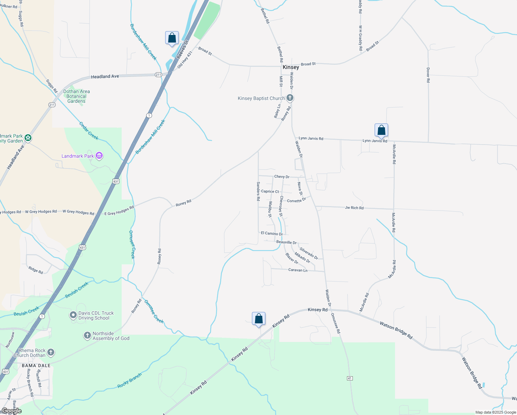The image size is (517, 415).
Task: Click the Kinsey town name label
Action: (x=291, y=67)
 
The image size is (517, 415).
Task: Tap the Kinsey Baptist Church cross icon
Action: (x=290, y=98)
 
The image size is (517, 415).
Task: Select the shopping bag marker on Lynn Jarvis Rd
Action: (x=381, y=130)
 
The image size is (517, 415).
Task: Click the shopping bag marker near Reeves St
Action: (x=172, y=38)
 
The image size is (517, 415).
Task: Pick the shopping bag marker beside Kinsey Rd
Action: (x=258, y=319)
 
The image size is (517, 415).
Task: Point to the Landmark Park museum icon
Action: (x=99, y=156)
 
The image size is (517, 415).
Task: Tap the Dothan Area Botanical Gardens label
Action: (x=76, y=96)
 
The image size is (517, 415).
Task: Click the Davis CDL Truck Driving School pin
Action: (x=73, y=315)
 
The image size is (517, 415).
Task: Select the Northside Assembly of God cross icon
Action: (x=87, y=335)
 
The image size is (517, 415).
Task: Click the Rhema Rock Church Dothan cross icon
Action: (x=51, y=352)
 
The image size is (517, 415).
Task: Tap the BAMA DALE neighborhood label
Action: (x=36, y=366)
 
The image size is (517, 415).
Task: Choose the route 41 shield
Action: (x=350, y=378)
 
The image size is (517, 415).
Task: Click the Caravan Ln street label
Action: (x=298, y=270)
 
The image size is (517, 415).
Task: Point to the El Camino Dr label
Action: (x=272, y=233)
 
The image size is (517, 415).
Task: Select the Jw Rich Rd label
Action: (x=354, y=208)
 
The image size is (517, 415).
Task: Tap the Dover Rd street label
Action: (x=428, y=75)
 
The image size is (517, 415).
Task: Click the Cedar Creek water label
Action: (x=89, y=131)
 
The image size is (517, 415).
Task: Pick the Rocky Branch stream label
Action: (x=129, y=380)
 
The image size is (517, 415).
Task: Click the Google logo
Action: (x=11, y=411)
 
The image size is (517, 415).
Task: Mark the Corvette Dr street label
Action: (x=296, y=200)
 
